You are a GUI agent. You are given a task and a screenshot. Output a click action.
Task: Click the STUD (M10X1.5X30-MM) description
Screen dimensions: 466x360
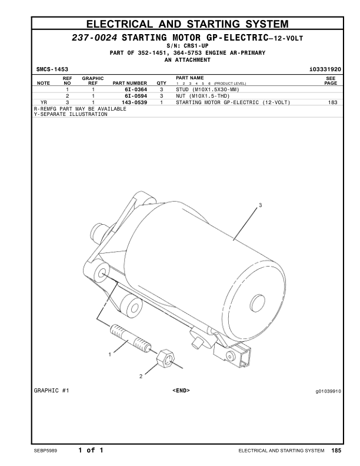pyautogui.click(x=204, y=89)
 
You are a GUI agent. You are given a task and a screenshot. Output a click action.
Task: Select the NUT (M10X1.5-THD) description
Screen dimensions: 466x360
pyautogui.click(x=202, y=95)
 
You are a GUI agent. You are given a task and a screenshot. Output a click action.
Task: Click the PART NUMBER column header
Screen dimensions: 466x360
pyautogui.click(x=129, y=83)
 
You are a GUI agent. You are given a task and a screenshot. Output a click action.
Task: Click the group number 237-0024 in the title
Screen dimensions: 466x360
pyautogui.click(x=94, y=37)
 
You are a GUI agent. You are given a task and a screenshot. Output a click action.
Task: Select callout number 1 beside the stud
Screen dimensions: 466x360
pyautogui.click(x=109, y=354)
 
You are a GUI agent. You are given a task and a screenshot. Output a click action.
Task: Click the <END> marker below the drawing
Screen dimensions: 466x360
pyautogui.click(x=181, y=390)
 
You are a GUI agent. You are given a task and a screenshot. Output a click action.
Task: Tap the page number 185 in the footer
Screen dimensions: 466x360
pyautogui.click(x=336, y=451)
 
